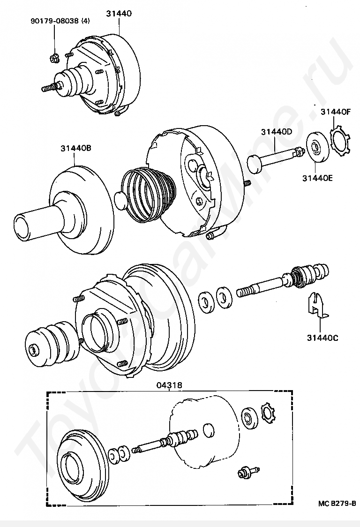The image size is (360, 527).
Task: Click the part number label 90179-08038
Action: click(x=55, y=21)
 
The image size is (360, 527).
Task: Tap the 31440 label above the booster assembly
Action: click(x=119, y=14)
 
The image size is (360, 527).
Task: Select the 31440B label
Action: click(x=76, y=148)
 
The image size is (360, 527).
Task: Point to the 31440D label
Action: click(x=277, y=132)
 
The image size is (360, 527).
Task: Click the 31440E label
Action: click(x=317, y=178)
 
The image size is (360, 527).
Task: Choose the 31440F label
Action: click(x=336, y=112)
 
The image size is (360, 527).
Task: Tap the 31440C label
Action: click(x=322, y=338)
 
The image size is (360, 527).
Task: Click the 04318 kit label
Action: click(x=169, y=385)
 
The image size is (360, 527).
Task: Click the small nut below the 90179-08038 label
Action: click(x=54, y=59)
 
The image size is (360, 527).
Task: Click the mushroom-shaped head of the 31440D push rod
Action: click(x=255, y=164)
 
